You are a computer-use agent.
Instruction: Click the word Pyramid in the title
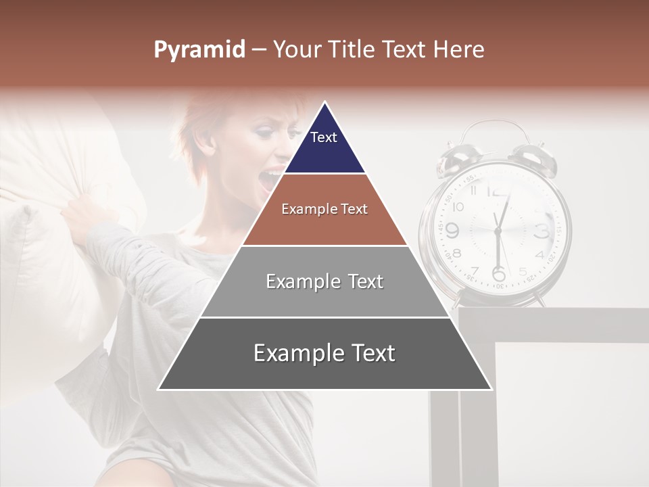[x=199, y=50]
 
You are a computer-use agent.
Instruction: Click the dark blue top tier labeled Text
[x=324, y=145]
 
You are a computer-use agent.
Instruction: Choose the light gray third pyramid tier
[x=324, y=281]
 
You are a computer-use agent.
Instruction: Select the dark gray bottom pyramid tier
[x=324, y=353]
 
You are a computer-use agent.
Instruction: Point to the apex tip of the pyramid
[x=324, y=103]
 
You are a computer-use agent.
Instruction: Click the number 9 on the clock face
[x=452, y=231]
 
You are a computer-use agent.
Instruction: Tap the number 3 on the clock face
[x=542, y=231]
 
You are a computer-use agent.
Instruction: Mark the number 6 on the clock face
[x=498, y=273]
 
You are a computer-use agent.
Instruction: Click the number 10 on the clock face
[x=458, y=206]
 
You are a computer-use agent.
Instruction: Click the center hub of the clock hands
[x=498, y=231]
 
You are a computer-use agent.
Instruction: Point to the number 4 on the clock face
[x=539, y=254]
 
